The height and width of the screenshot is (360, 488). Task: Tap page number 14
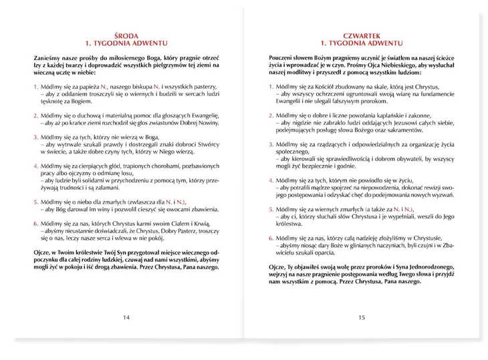coord(126,317)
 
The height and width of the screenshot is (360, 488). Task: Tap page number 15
coord(362,317)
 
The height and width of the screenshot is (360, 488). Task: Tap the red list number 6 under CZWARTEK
coord(271,237)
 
